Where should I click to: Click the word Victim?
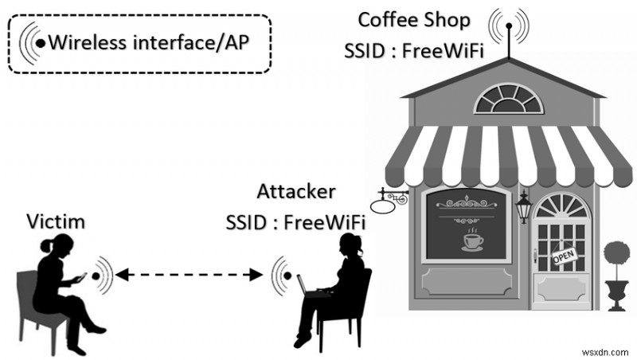click(57, 221)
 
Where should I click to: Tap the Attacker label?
click(296, 192)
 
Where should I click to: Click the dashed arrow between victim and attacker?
click(189, 276)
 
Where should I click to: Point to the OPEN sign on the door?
click(563, 257)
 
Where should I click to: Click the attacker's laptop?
click(307, 284)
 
